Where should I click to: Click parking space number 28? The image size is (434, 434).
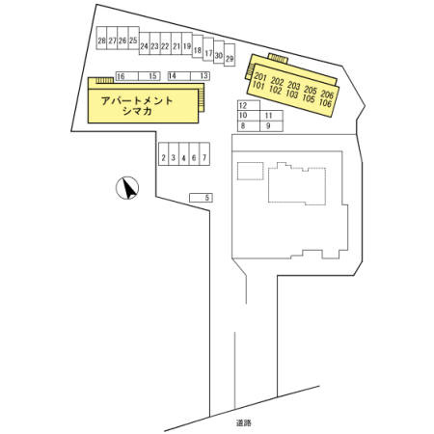[101, 38]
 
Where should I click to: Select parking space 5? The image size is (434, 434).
[201, 198]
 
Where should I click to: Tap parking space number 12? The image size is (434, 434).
[249, 105]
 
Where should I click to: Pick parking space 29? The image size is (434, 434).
[230, 55]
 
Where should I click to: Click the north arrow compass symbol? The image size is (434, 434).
[127, 188]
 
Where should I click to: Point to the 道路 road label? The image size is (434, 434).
[244, 423]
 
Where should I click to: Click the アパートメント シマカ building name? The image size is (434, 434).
[137, 106]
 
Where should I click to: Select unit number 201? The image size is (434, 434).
[260, 77]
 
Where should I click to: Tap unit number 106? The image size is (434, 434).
[325, 103]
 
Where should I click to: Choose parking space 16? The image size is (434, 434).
[126, 76]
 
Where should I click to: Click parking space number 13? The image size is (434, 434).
[200, 76]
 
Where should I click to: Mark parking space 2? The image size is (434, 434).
[164, 154]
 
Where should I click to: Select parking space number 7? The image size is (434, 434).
[204, 154]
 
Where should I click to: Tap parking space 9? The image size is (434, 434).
[271, 126]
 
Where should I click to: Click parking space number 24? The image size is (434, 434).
[145, 43]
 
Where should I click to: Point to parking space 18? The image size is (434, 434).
[198, 46]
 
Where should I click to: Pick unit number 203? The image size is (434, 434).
[294, 86]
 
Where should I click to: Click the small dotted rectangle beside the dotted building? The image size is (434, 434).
[251, 171]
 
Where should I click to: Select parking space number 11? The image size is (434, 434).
[271, 116]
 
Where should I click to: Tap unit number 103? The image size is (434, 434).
[292, 95]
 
